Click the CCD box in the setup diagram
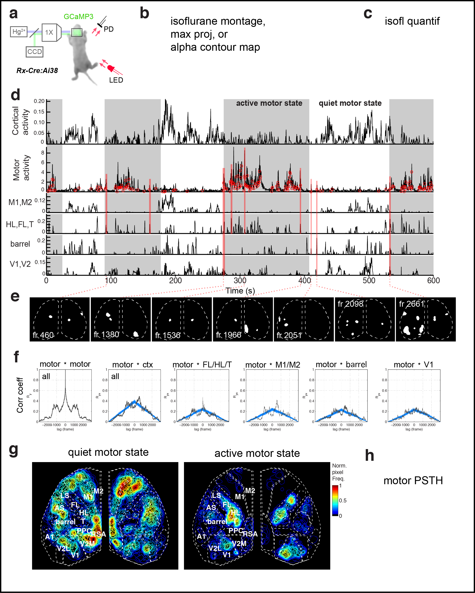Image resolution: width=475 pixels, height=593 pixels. pyautogui.click(x=34, y=52)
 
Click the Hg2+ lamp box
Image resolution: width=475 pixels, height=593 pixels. pyautogui.click(x=19, y=32)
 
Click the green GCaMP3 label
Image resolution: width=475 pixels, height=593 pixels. pyautogui.click(x=78, y=17)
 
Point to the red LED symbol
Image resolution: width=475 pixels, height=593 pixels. pyautogui.click(x=111, y=68)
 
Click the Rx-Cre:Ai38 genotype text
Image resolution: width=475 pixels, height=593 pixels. pyautogui.click(x=37, y=71)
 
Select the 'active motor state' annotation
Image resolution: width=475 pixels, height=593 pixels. pyautogui.click(x=269, y=103)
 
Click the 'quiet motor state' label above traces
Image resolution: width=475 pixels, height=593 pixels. pyautogui.click(x=350, y=103)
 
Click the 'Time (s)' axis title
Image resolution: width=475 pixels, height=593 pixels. pyautogui.click(x=240, y=291)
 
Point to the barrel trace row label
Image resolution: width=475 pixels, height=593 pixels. pyautogui.click(x=20, y=244)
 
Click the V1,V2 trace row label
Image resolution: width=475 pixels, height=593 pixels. pyautogui.click(x=20, y=264)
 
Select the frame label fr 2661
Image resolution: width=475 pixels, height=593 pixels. pyautogui.click(x=412, y=304)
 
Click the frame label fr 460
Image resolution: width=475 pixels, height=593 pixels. pyautogui.click(x=43, y=335)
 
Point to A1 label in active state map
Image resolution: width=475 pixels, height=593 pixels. pyautogui.click(x=201, y=536)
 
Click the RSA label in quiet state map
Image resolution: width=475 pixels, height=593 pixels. pyautogui.click(x=98, y=534)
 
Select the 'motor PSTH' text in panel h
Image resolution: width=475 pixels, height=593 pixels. pyautogui.click(x=413, y=481)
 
